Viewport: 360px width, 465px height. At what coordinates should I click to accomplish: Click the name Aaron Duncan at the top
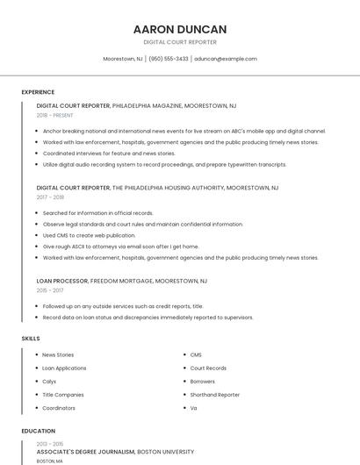coord(179,29)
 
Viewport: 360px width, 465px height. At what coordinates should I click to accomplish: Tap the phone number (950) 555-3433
coord(169,59)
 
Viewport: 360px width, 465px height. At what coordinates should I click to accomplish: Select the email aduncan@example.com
coord(226,59)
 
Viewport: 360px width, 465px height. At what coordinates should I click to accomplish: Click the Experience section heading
coord(38,92)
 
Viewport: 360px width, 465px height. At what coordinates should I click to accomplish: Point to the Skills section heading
coord(31,338)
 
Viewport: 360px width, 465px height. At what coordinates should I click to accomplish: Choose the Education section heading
coord(38,432)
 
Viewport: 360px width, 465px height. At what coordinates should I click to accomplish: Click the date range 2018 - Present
coord(54,115)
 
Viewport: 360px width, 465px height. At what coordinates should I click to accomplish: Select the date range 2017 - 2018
coord(50,197)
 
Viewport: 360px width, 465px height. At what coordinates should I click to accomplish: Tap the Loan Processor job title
coord(62,281)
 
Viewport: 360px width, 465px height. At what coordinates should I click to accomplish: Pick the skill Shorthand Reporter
coord(214,395)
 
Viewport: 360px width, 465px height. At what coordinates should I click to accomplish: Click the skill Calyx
coord(49,382)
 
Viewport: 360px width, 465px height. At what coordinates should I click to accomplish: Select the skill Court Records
coord(208,368)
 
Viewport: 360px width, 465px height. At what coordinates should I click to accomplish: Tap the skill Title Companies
coord(63,395)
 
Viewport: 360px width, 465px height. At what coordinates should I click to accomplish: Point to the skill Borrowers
coord(202,382)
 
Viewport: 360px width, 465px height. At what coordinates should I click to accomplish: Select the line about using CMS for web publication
coord(89,235)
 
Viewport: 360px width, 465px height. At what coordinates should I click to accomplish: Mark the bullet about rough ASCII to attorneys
coord(120,247)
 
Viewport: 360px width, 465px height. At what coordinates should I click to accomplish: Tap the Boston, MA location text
coord(49,461)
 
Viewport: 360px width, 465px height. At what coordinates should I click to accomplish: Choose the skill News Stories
coord(58,355)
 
